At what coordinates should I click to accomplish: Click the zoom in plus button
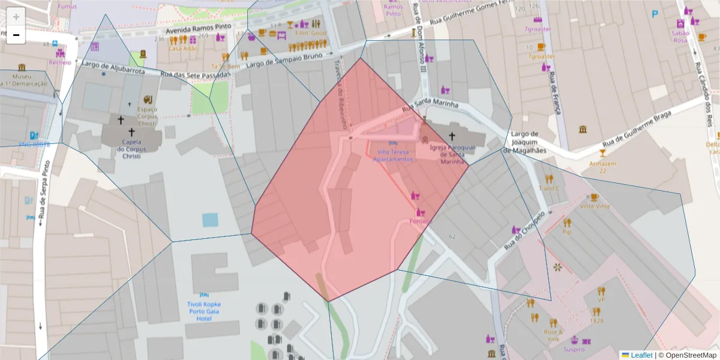[16, 17]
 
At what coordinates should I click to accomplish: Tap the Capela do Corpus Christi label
[131, 150]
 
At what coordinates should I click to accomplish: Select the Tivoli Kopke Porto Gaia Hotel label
[204, 311]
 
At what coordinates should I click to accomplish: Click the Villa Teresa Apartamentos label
[393, 156]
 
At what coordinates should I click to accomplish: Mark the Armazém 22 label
[603, 167]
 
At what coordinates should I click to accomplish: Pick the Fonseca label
[421, 221]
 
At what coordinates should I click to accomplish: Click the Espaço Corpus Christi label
[147, 116]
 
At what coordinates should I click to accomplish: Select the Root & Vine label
[553, 335]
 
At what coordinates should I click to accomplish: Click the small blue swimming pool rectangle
[211, 220]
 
